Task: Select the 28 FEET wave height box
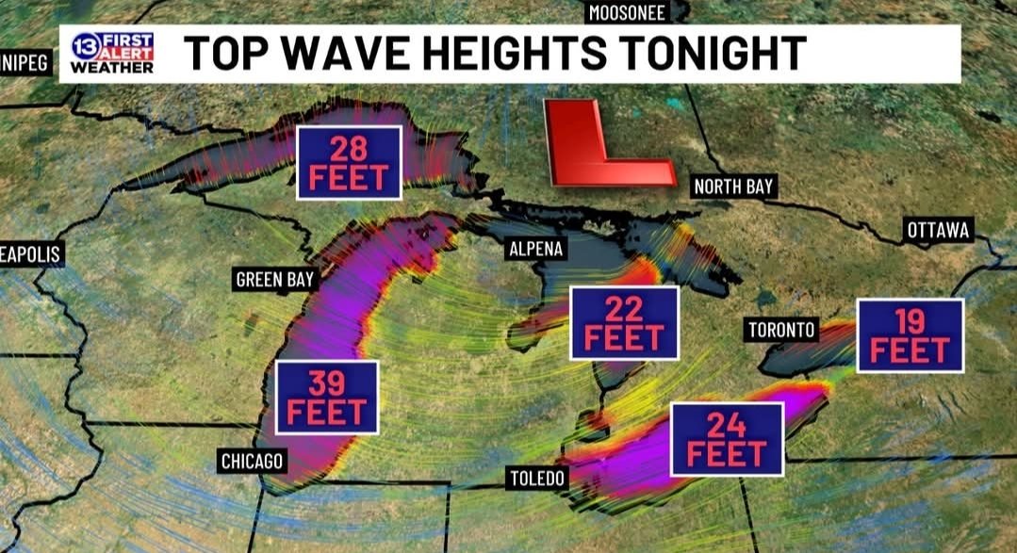tap(349, 162)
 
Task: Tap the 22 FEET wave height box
tap(624, 322)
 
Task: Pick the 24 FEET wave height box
tap(727, 438)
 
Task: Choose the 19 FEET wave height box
tap(910, 334)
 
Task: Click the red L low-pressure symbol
tap(604, 143)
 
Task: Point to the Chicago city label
tap(252, 461)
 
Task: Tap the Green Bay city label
tap(275, 279)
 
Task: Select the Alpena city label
tap(536, 249)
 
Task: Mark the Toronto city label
tap(781, 330)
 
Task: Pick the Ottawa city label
tap(938, 230)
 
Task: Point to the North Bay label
tap(733, 187)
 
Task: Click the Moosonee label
tap(627, 12)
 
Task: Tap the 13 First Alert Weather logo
tap(111, 54)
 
